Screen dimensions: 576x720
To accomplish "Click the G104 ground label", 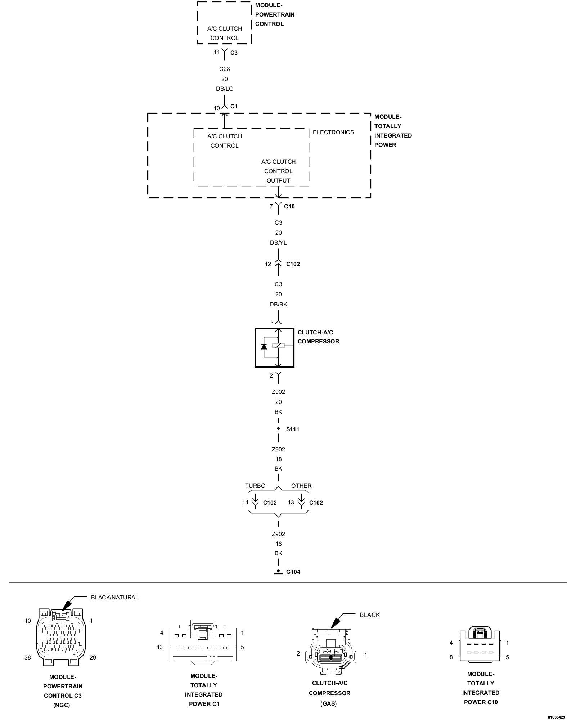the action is coord(293,572).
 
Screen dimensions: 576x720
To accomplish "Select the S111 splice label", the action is coord(293,429).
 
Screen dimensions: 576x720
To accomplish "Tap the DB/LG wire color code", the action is coord(225,89).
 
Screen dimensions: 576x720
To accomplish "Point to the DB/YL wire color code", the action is coord(278,243).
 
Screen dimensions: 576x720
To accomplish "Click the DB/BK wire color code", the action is coord(278,304).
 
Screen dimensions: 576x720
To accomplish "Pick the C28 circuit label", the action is coord(225,69).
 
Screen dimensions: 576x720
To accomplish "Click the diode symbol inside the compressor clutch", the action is coord(264,347).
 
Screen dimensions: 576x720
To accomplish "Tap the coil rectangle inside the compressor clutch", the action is coord(278,346).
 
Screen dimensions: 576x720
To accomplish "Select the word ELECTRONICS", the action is coord(333,132).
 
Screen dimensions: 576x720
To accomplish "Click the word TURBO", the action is coord(255,486).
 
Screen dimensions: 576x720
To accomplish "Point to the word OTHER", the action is coord(301,486).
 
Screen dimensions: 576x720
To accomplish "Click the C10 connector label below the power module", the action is coord(289,206).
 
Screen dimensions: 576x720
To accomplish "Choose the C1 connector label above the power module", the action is coord(234,106).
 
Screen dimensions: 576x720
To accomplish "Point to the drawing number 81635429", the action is coord(557,717).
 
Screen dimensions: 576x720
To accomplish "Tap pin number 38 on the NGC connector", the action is coord(28,657).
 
